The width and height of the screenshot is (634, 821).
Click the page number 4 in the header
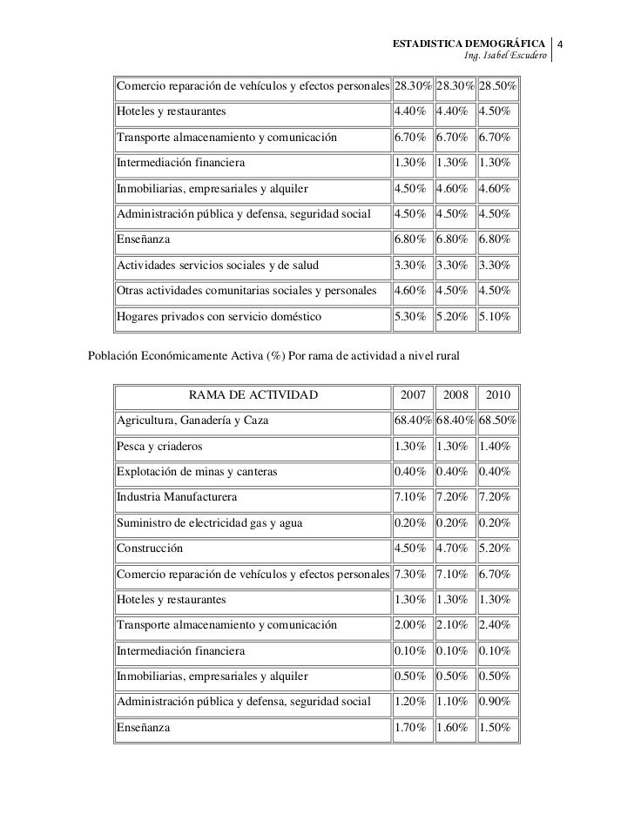coord(562,44)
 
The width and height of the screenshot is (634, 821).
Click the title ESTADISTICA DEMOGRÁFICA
coord(469,44)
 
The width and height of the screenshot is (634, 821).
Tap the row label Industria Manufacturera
coord(176,497)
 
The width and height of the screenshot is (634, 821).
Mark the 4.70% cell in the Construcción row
coord(453,549)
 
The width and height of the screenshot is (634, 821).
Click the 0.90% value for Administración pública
coord(494,702)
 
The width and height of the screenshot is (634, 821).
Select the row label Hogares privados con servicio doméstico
coord(219,317)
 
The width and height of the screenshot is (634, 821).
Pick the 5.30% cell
coord(409,317)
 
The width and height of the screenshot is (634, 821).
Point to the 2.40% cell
coord(494,625)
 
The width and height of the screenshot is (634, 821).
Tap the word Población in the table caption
coord(115,356)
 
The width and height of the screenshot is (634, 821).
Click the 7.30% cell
coord(409,575)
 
